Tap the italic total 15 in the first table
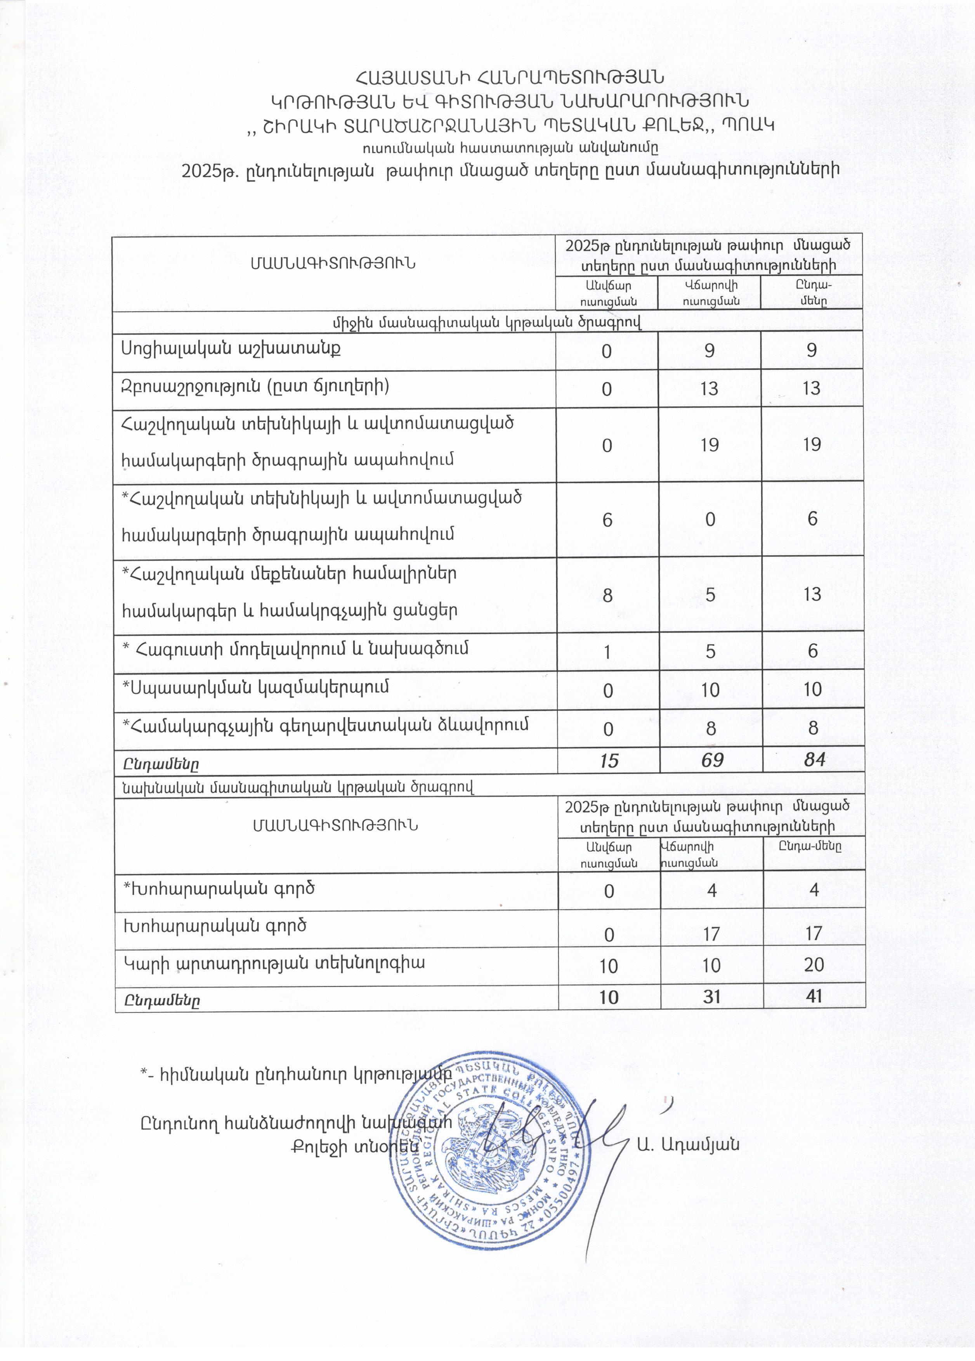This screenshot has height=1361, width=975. click(x=608, y=760)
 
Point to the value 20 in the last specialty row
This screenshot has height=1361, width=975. click(x=814, y=964)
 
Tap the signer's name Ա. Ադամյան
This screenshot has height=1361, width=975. click(x=688, y=1144)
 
